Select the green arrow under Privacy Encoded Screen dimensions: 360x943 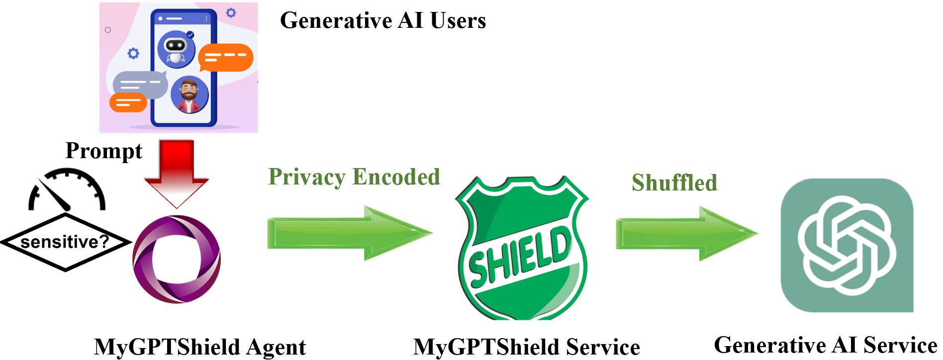(348, 233)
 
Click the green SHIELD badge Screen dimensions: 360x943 (522, 249)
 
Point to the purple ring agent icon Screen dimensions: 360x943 (177, 259)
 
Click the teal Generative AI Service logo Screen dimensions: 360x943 (847, 246)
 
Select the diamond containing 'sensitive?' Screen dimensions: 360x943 (65, 242)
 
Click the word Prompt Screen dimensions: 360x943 (104, 151)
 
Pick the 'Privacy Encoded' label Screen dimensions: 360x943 (354, 177)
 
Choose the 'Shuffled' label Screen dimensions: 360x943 (674, 183)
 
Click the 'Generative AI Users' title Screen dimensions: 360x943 (383, 21)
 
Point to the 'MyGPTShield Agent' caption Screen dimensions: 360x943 (200, 347)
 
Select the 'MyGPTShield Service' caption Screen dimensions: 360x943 (527, 347)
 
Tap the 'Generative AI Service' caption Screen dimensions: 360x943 (826, 345)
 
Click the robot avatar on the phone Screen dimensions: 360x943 (176, 49)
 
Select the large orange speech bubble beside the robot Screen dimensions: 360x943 (226, 57)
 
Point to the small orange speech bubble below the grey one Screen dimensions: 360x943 (128, 103)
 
